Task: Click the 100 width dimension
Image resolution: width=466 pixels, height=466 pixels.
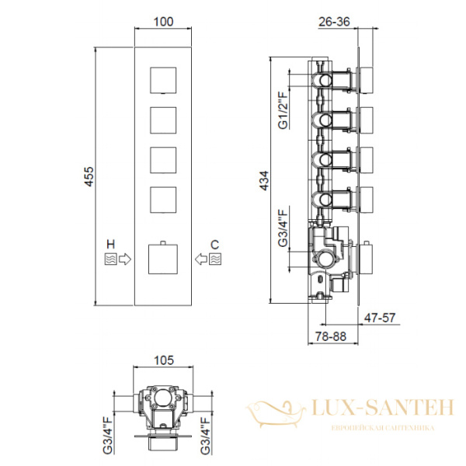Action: pyautogui.click(x=163, y=22)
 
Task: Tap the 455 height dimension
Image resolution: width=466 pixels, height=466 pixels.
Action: pyautogui.click(x=89, y=176)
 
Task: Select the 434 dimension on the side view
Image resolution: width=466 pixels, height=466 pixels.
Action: pyautogui.click(x=264, y=180)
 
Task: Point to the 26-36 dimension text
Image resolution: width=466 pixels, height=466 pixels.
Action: pyautogui.click(x=334, y=22)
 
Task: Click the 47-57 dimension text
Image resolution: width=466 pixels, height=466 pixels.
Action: pyautogui.click(x=380, y=318)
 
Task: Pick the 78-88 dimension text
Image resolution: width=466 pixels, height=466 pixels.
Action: pyautogui.click(x=331, y=336)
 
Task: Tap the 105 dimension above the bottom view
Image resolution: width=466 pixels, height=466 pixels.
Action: pyautogui.click(x=163, y=360)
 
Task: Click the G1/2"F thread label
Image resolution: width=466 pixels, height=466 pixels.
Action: pyautogui.click(x=283, y=110)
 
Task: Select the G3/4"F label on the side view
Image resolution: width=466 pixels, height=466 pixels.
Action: pyautogui.click(x=283, y=228)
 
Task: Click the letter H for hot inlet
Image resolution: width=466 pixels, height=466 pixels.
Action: pyautogui.click(x=110, y=245)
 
